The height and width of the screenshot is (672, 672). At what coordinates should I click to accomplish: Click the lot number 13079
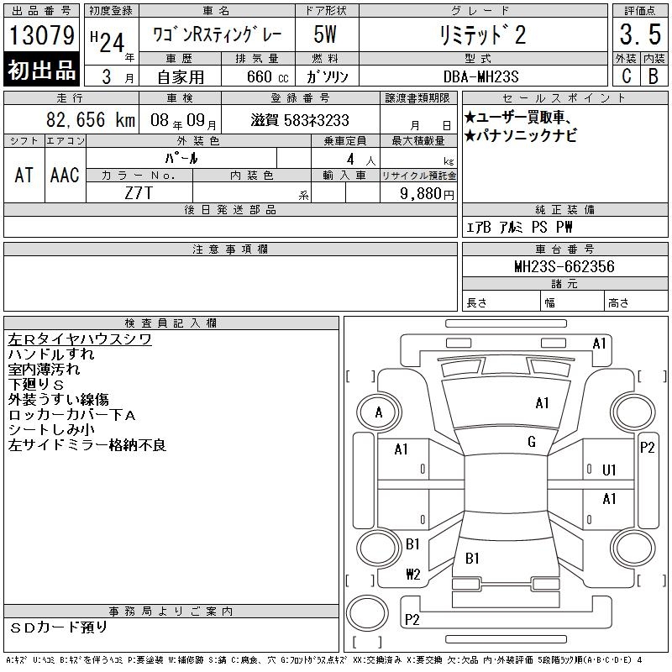[x=41, y=34]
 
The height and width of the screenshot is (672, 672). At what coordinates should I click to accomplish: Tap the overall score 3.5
[x=640, y=34]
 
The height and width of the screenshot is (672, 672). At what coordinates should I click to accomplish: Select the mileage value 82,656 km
[x=91, y=119]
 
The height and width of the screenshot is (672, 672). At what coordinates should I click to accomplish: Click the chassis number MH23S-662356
[x=564, y=266]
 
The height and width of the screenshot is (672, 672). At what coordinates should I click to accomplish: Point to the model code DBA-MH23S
[x=480, y=76]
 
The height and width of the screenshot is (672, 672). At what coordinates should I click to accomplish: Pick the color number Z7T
[x=139, y=193]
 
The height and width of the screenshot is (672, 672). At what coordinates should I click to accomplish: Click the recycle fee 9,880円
[x=427, y=194]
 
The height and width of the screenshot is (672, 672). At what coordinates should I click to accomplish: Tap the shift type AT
[x=24, y=175]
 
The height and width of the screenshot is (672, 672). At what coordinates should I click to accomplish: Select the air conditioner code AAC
[x=65, y=175]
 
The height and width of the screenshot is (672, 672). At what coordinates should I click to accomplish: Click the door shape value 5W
[x=325, y=34]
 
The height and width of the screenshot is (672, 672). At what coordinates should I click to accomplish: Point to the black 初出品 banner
[x=41, y=69]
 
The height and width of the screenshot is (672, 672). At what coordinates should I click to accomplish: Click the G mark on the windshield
[x=532, y=442]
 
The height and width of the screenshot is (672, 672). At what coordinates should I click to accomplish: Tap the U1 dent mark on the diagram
[x=609, y=470]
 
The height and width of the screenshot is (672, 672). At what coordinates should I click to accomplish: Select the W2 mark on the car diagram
[x=413, y=574]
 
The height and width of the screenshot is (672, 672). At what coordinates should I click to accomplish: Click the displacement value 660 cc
[x=267, y=76]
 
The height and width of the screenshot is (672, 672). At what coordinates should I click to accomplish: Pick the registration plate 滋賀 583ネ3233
[x=300, y=120]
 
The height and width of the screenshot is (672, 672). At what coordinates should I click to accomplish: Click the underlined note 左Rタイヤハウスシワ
[x=80, y=339]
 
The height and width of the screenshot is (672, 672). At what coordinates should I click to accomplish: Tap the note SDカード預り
[x=58, y=627]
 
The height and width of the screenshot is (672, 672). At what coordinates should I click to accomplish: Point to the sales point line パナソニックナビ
[x=521, y=135]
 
